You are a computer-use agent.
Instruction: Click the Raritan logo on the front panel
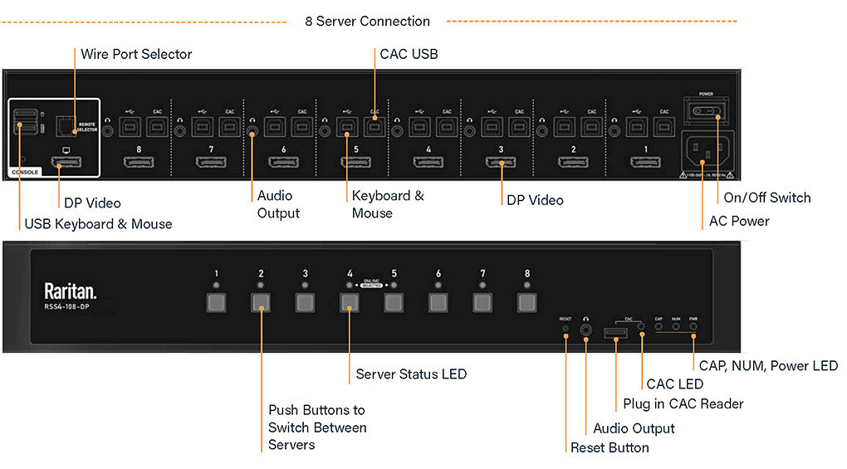[70, 291]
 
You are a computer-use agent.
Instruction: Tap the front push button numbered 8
[526, 301]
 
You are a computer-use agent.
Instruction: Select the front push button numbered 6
[438, 301]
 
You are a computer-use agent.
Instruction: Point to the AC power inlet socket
[706, 153]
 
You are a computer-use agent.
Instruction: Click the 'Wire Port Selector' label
[136, 54]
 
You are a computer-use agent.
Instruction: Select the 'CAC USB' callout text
[409, 54]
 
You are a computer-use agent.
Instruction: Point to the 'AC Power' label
[738, 222]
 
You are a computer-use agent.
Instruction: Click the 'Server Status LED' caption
[411, 374]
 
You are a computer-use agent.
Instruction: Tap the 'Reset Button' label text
[610, 447]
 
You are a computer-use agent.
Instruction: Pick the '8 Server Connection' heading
[367, 22]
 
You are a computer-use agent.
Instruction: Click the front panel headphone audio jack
[586, 329]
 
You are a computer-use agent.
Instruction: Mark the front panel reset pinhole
[565, 329]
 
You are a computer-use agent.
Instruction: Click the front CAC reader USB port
[615, 334]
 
